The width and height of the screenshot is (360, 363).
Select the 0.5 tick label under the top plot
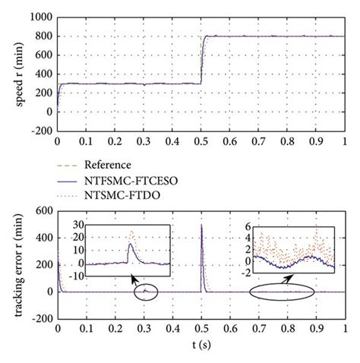[x=201, y=141]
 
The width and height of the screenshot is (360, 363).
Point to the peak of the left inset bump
[x=132, y=231]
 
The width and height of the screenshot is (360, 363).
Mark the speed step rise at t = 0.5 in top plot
[x=201, y=61]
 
